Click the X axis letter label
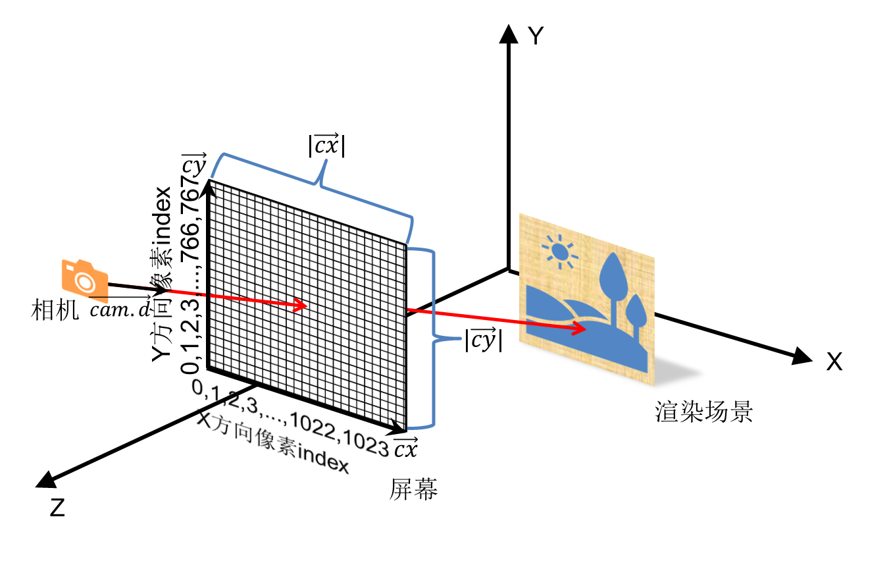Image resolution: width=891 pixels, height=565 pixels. [834, 362]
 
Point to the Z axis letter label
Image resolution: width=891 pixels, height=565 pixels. [58, 508]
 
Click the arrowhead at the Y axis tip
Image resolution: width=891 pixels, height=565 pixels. [508, 33]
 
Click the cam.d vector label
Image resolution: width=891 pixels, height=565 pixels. [120, 309]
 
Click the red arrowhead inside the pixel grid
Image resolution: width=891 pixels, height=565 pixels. [301, 305]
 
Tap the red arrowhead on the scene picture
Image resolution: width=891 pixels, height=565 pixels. [579, 325]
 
